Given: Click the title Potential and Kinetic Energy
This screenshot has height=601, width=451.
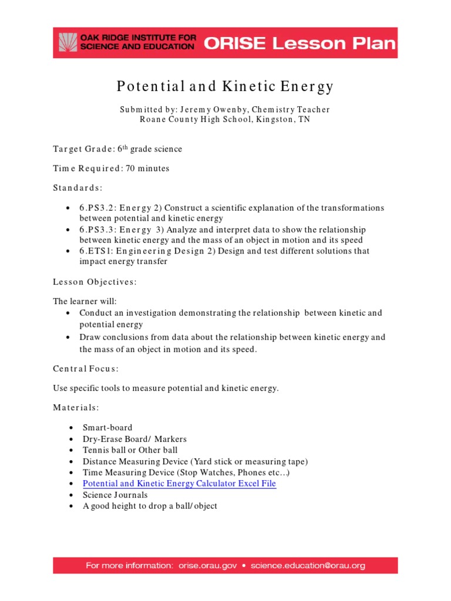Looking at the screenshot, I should click(x=225, y=87).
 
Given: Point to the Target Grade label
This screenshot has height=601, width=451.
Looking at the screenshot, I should click(x=84, y=149).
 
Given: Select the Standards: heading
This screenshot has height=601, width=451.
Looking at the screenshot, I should click(x=78, y=188).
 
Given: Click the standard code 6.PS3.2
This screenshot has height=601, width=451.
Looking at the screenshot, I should click(x=99, y=208).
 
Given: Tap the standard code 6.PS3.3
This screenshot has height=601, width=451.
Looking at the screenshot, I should click(x=99, y=229).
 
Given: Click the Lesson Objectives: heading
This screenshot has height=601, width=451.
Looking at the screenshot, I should click(x=95, y=282).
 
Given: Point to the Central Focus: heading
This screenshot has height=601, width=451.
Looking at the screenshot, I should click(x=86, y=369).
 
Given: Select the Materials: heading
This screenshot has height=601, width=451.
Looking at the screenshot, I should click(x=76, y=407).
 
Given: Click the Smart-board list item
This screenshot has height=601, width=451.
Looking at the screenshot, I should click(x=107, y=428).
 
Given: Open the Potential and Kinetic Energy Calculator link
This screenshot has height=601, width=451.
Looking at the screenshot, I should click(x=179, y=484).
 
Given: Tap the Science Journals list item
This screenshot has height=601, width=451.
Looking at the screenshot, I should click(x=115, y=495).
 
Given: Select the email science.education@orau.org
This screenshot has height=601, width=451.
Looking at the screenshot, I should click(x=308, y=566).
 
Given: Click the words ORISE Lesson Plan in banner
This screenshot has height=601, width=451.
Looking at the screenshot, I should click(x=299, y=43).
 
